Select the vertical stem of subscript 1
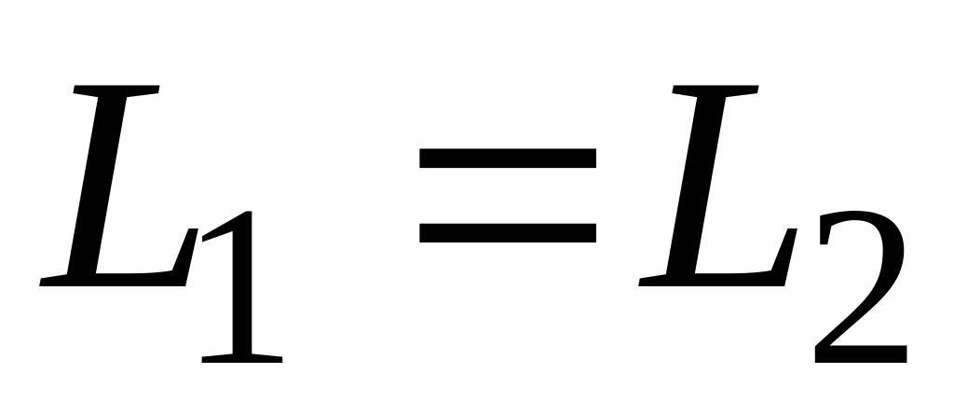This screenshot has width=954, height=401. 244,298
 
